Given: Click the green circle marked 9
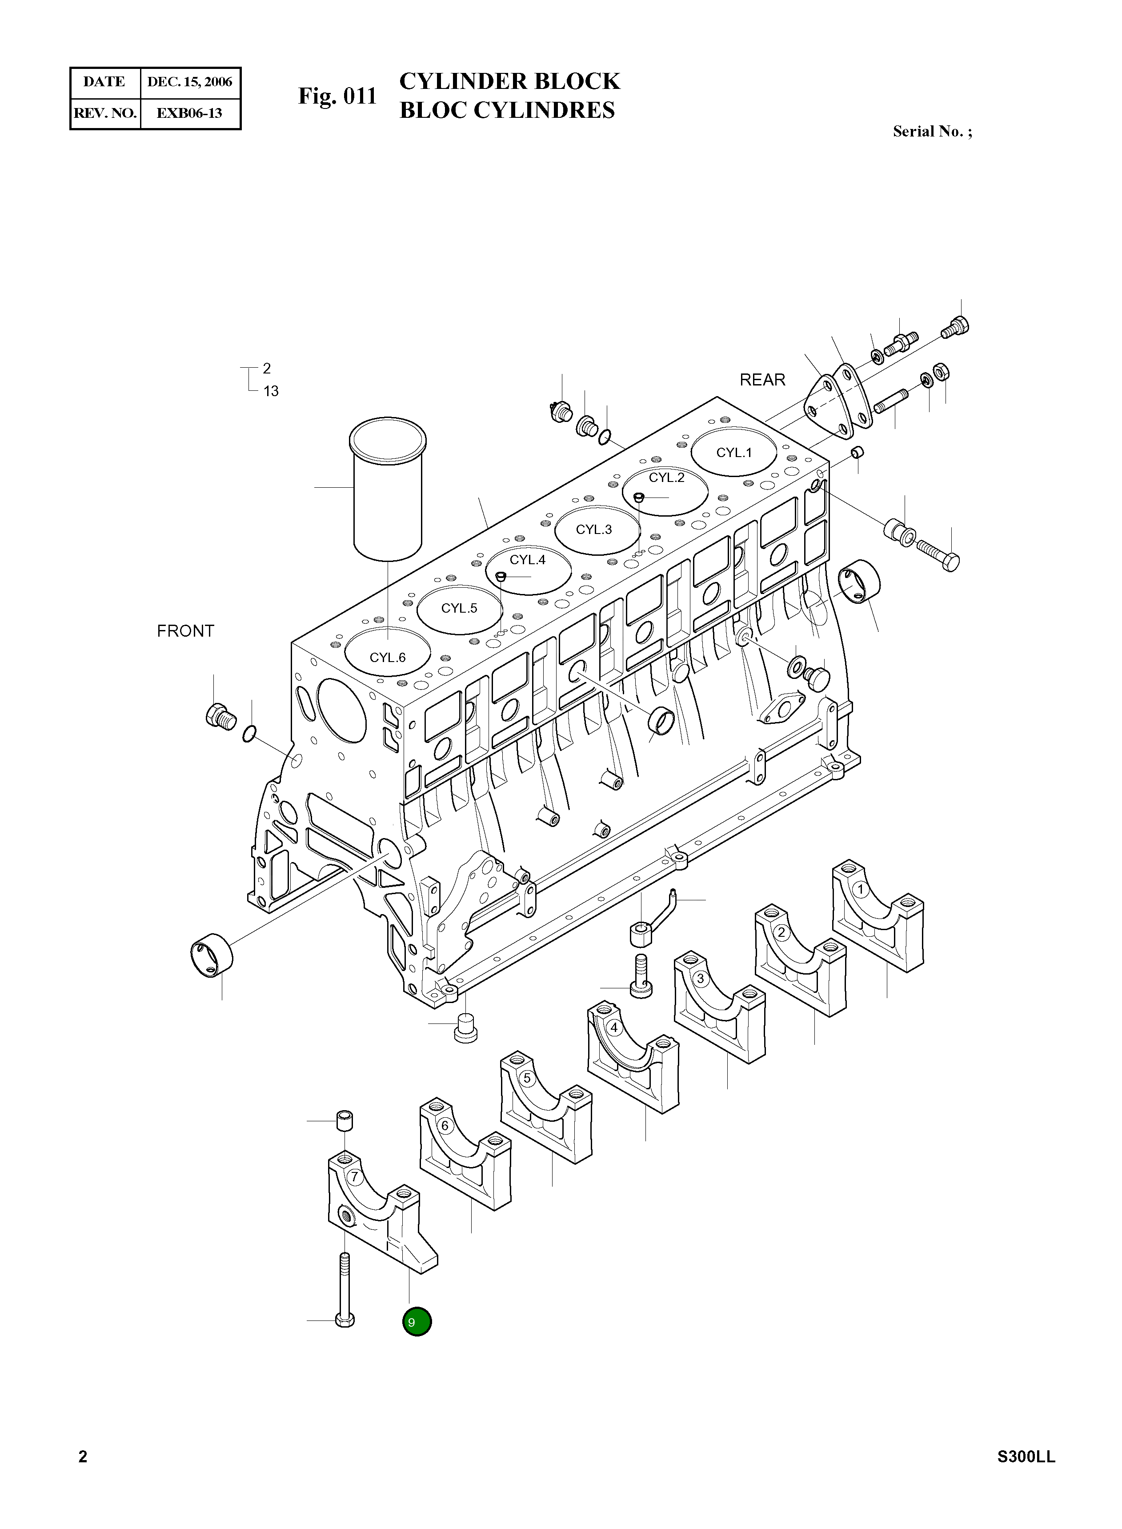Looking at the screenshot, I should click(417, 1322).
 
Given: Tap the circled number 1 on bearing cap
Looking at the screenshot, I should click(861, 888).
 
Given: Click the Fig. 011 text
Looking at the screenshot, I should click(337, 96).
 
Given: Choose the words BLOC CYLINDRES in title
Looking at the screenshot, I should click(507, 110).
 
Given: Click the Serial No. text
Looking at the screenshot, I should click(932, 132).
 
